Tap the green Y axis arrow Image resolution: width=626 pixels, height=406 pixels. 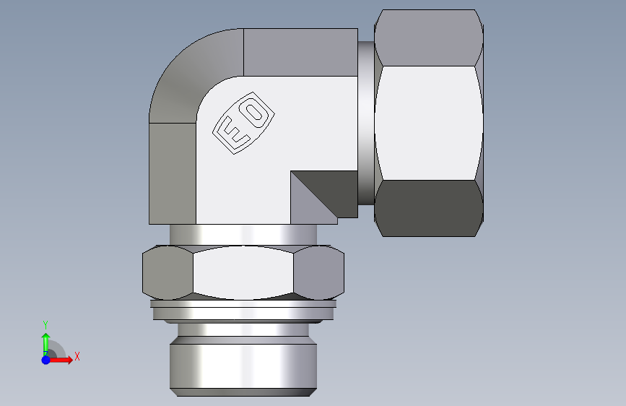click(45, 345)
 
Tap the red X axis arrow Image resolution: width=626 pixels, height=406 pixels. click(60, 360)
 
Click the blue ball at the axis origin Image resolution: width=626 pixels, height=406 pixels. click(45, 360)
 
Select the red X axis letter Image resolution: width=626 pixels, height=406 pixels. click(77, 356)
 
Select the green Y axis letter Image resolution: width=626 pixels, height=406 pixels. click(45, 325)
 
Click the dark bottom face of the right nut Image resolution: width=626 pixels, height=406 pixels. click(429, 208)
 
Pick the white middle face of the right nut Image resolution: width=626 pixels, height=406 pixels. click(429, 123)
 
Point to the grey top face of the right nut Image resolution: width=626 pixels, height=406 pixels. click(429, 38)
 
